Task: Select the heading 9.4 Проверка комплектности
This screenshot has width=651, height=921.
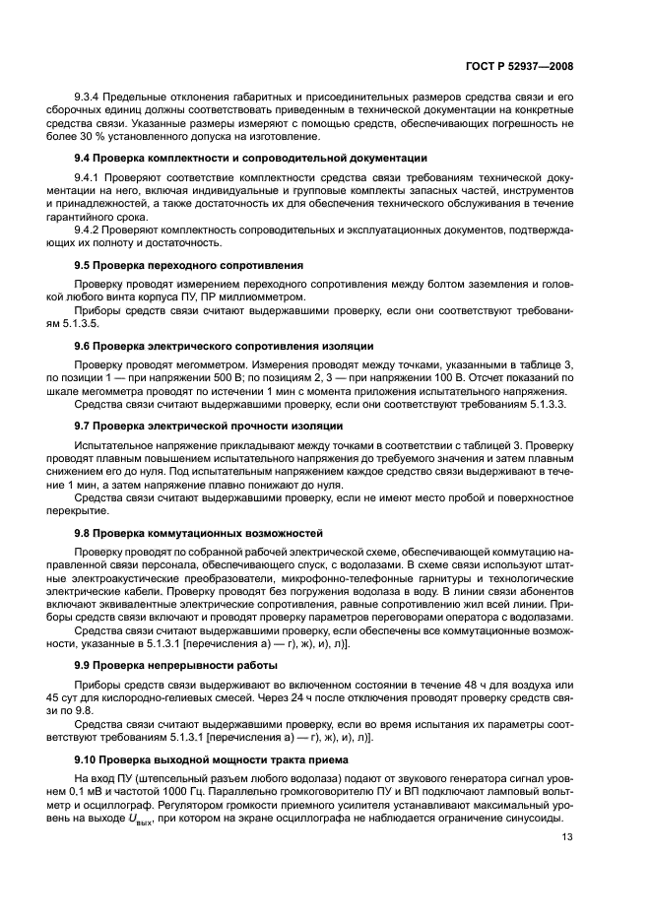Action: [x=250, y=158]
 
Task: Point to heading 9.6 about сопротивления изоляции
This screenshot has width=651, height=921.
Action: [x=224, y=346]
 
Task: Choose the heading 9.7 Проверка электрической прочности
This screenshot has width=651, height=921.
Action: [x=209, y=426]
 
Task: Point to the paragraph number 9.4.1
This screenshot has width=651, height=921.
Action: [x=90, y=176]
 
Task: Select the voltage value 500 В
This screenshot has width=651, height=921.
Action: [x=270, y=377]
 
